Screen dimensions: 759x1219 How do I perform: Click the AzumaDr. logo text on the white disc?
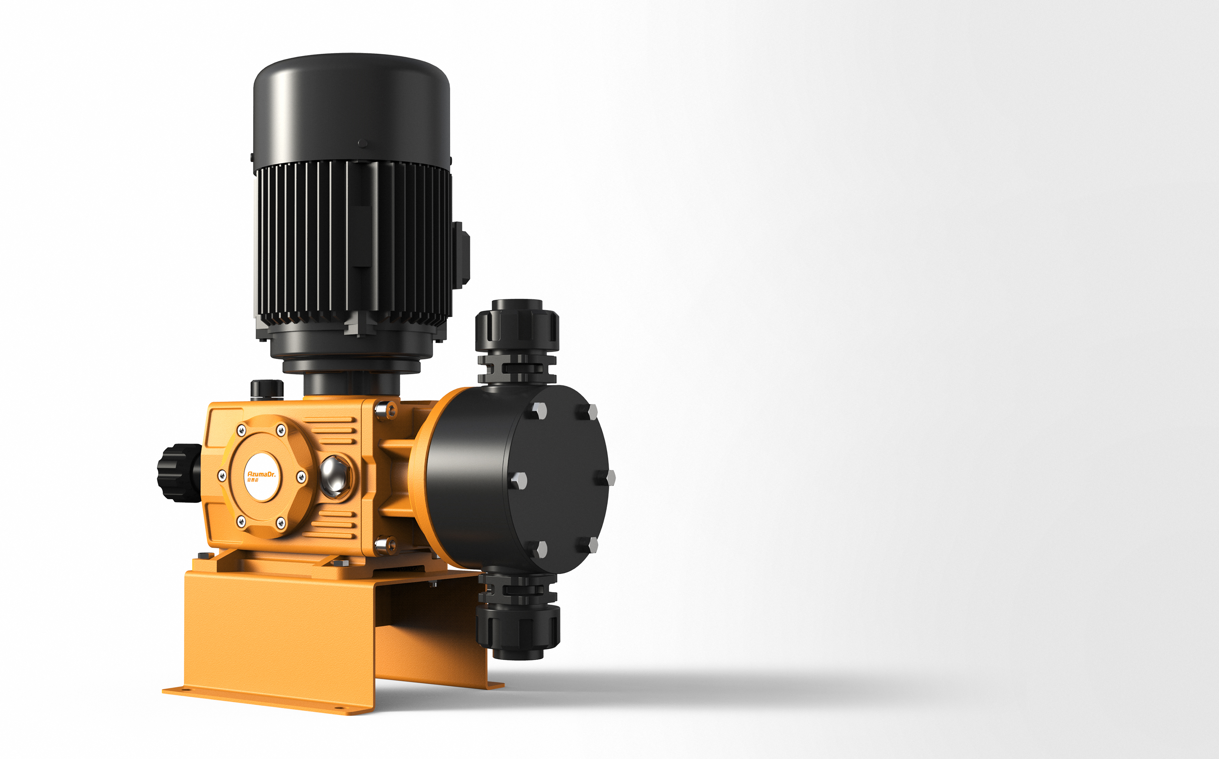261,473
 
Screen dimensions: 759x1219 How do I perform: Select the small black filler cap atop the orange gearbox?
267,389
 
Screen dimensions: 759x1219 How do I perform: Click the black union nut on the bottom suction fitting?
518,627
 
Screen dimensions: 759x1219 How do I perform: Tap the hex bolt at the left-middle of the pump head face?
518,480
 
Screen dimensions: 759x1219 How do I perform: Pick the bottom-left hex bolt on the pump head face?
540,549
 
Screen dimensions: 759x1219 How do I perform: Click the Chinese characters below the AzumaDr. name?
253,480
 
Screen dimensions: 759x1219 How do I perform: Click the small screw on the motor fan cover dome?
362,143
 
